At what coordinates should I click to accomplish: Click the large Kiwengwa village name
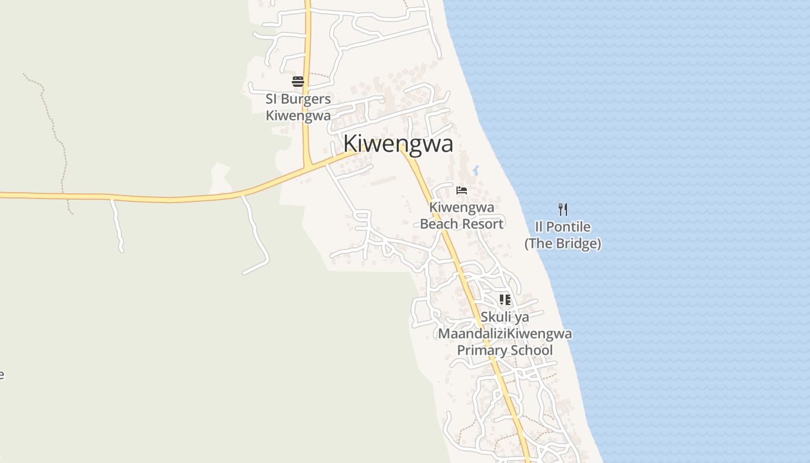pyautogui.click(x=398, y=144)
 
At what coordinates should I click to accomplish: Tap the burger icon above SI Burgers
pyautogui.click(x=298, y=82)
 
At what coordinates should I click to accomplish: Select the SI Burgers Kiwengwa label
pyautogui.click(x=298, y=107)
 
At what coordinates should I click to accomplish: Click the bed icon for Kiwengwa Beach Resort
pyautogui.click(x=462, y=190)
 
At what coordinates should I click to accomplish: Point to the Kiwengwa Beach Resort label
pyautogui.click(x=462, y=215)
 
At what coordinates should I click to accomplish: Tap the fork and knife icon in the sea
pyautogui.click(x=563, y=209)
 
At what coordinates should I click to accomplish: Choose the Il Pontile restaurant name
pyautogui.click(x=563, y=226)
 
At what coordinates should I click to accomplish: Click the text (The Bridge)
pyautogui.click(x=563, y=244)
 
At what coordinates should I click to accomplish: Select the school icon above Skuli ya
pyautogui.click(x=505, y=300)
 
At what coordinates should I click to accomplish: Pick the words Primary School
pyautogui.click(x=505, y=350)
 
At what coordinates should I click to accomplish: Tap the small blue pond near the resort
pyautogui.click(x=476, y=170)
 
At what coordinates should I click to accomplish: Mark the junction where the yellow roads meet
pyautogui.click(x=308, y=167)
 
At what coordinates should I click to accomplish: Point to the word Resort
pyautogui.click(x=483, y=223)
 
